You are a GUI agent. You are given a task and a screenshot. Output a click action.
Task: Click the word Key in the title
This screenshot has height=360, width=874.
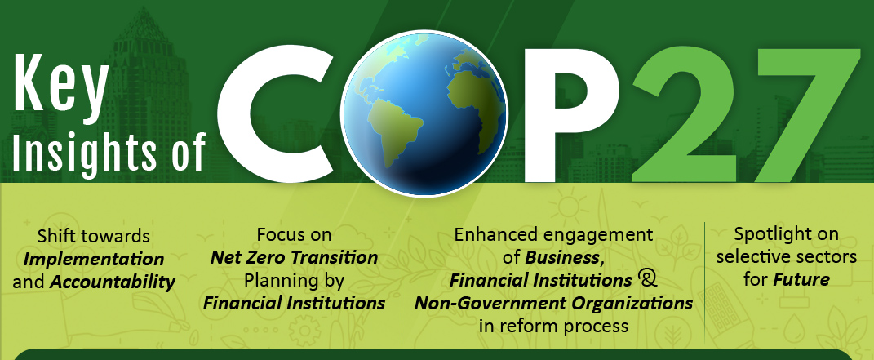click(60, 82)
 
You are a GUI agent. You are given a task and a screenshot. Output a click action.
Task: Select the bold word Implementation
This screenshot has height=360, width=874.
click(94, 259)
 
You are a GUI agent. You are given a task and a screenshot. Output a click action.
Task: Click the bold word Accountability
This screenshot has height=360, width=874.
click(113, 282)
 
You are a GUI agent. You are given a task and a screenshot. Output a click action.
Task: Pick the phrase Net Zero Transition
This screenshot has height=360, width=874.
click(295, 257)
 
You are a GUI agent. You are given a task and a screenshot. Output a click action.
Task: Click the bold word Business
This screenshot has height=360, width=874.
click(564, 257)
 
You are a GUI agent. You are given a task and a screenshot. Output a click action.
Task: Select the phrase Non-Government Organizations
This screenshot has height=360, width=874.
click(553, 303)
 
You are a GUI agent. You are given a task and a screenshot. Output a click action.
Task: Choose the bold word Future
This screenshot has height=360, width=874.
click(801, 279)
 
